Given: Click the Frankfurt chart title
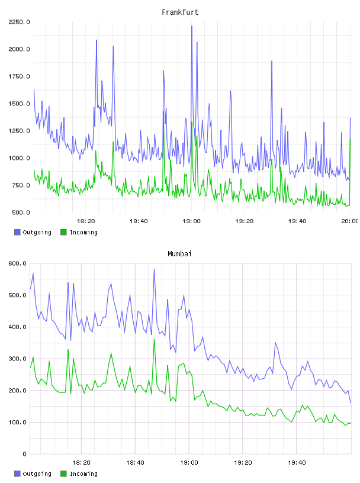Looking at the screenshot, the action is pos(180,12).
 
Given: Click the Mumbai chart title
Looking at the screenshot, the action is pos(179,254).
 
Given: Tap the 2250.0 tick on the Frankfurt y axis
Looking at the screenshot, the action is pos(19,22).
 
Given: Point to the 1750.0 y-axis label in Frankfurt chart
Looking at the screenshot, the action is pos(19,76).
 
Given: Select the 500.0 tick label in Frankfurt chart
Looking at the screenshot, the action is pos(21,212).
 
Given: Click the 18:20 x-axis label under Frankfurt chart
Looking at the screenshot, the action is pos(86,221).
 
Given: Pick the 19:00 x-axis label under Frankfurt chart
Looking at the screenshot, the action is pos(191,221).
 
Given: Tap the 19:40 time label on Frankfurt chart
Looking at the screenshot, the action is pos(297,221).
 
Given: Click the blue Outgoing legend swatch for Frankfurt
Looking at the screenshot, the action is pos(17,232).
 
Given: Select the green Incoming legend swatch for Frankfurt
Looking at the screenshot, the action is pos(63,232).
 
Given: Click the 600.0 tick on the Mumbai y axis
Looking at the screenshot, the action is pos(17,263).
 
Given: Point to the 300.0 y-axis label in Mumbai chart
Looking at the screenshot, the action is pos(17,359).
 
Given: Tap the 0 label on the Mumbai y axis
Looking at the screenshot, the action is pos(25,454).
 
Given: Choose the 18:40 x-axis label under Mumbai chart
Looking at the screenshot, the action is pos(135,463).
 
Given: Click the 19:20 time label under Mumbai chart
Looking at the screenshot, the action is pos(243,463).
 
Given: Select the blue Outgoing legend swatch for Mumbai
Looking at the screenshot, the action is pos(17,474).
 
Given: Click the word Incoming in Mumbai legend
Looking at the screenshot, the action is pos(83,474).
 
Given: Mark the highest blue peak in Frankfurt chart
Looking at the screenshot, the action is pos(192,26).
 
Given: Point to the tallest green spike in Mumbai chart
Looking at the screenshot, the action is pos(154,339).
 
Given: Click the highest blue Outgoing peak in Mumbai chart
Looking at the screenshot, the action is pos(154,269).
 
